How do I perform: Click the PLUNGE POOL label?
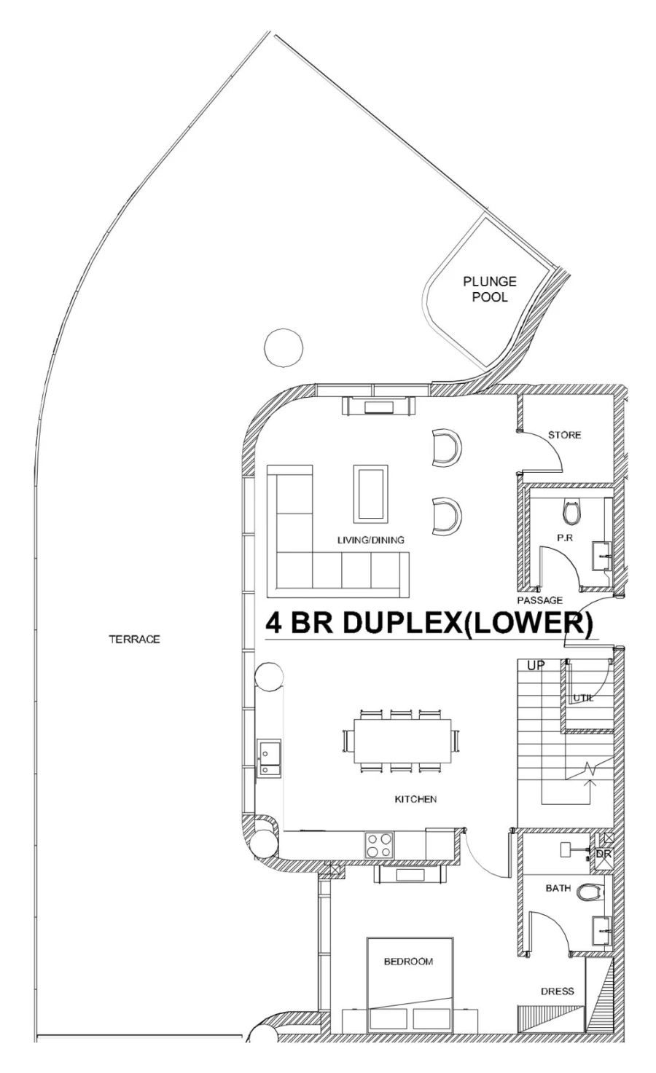tap(489, 288)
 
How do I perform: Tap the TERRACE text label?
tap(134, 640)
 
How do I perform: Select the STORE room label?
tap(564, 435)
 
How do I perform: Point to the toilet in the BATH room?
tap(590, 891)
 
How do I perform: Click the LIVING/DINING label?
tap(370, 540)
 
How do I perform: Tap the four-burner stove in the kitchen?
tap(379, 845)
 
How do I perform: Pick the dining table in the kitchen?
tap(402, 741)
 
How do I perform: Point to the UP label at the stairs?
tap(536, 665)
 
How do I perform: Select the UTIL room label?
tap(583, 698)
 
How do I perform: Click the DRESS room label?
tap(557, 991)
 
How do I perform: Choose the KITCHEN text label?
tap(415, 799)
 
